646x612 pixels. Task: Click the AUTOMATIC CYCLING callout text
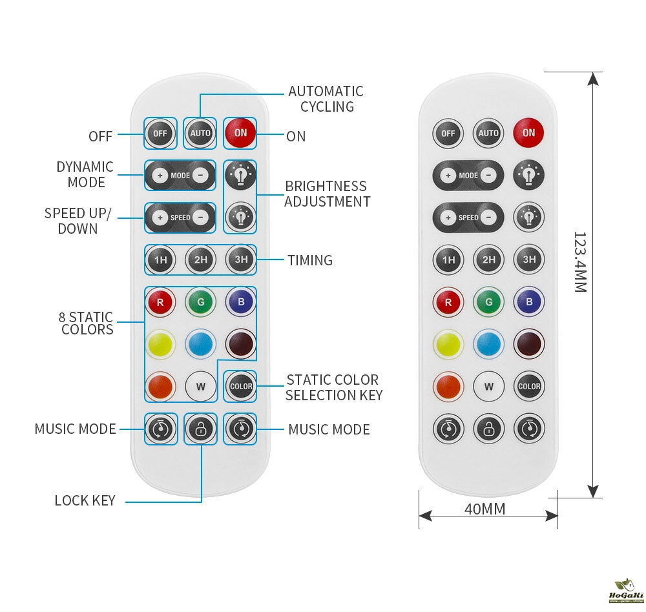click(x=326, y=99)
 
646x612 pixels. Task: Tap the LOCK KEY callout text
click(x=85, y=500)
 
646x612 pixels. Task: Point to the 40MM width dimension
click(x=484, y=509)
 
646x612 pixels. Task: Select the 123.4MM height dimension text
click(x=579, y=261)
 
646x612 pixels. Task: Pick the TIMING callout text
click(x=310, y=260)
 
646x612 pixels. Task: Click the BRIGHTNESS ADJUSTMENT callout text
click(x=328, y=194)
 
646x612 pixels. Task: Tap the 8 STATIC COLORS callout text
click(x=87, y=323)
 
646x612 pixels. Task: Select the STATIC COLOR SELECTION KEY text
click(x=333, y=387)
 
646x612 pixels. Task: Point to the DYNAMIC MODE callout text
click(x=85, y=174)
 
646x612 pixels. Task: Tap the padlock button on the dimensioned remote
click(x=489, y=428)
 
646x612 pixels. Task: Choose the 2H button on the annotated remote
click(x=201, y=260)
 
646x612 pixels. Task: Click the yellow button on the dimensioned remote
click(x=448, y=343)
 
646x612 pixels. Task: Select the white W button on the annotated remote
click(x=201, y=387)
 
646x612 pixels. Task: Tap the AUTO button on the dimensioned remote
click(x=489, y=134)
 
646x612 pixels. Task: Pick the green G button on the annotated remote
click(x=201, y=301)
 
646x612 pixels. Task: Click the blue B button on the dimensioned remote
click(x=529, y=301)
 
